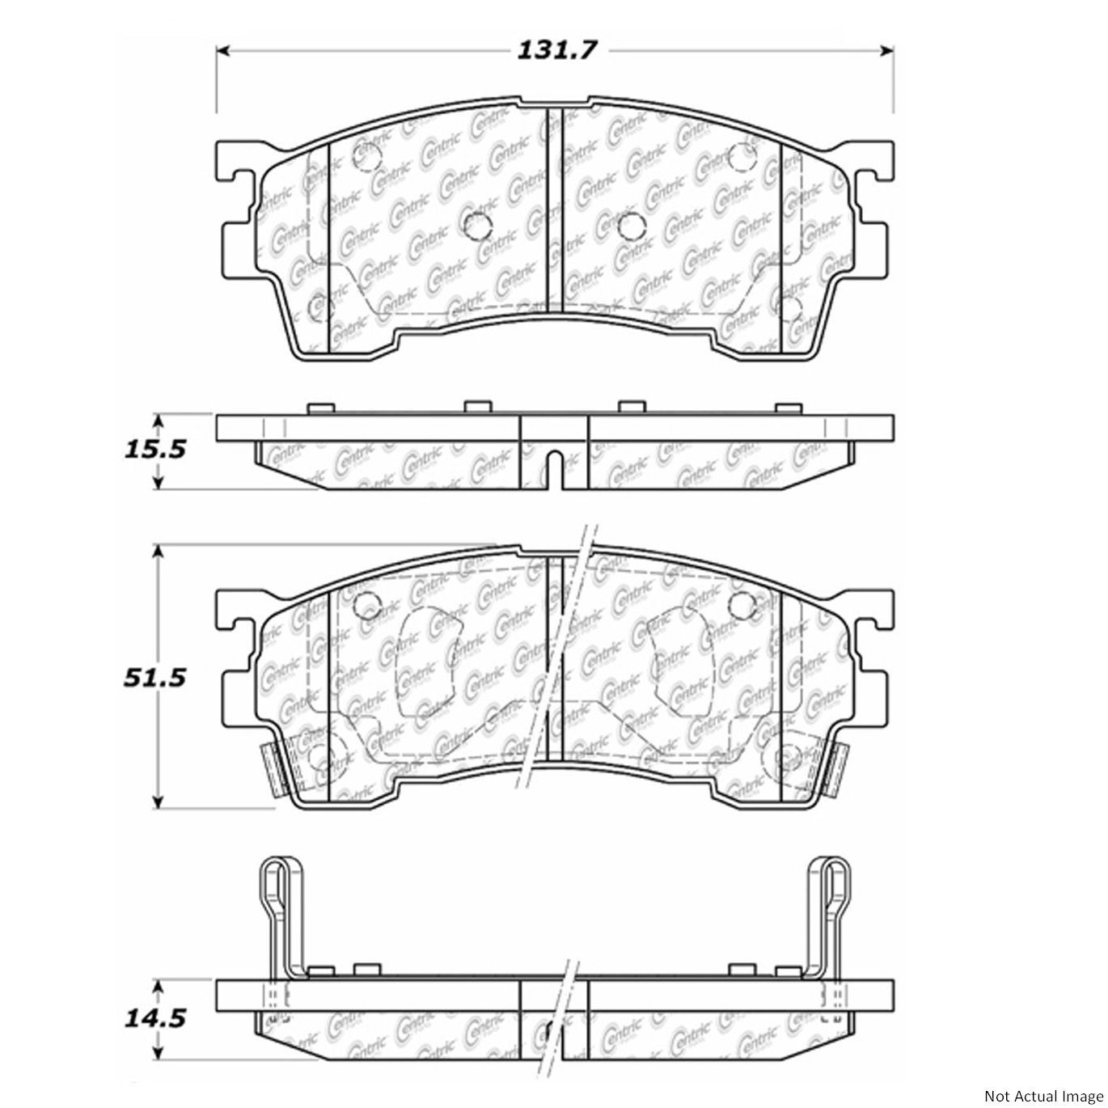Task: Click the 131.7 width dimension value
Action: pos(555,51)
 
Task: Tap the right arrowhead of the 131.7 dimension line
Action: pos(886,52)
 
